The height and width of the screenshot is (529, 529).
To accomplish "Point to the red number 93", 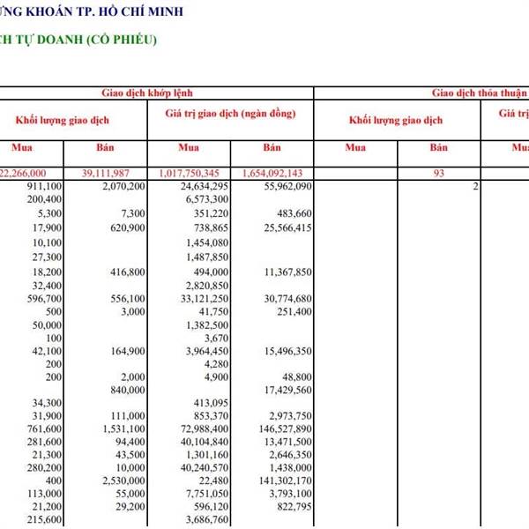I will click(438, 174).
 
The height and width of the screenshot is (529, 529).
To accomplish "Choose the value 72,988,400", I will click(204, 429).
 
